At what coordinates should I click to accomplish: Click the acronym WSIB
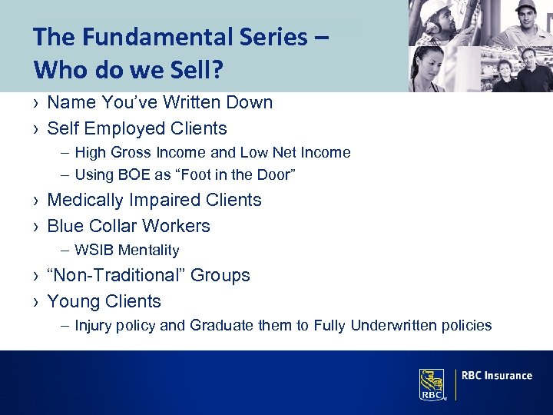[92, 250]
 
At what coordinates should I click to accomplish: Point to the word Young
[72, 301]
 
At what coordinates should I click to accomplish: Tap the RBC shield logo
[432, 383]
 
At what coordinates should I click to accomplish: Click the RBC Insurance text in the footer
[497, 376]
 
